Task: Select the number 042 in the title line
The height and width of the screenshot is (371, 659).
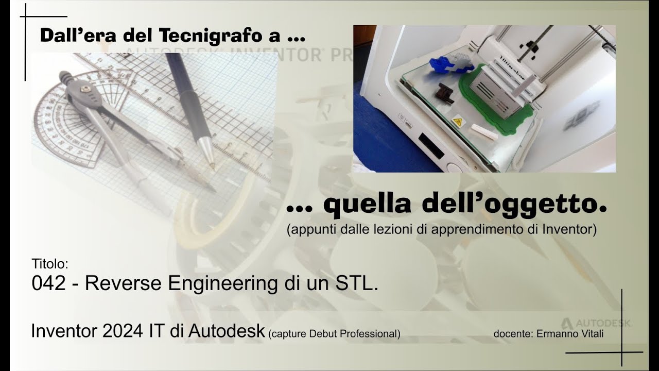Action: (48, 283)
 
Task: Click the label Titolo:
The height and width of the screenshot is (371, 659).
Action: (50, 264)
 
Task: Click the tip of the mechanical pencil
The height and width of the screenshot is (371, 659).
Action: (212, 166)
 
